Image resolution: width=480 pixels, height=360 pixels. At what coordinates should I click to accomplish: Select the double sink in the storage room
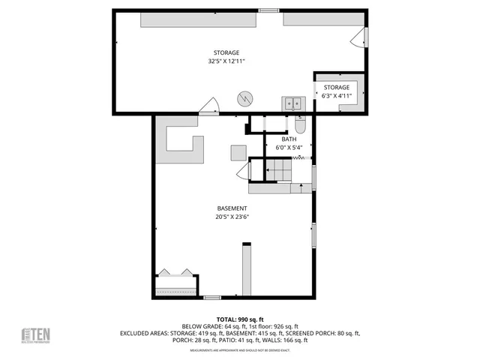point(292,103)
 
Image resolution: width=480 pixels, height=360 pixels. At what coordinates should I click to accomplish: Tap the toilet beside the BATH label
point(300,121)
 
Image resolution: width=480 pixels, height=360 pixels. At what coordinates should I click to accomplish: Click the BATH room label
point(289,139)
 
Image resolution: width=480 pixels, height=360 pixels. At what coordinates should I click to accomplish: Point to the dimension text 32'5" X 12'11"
point(226,61)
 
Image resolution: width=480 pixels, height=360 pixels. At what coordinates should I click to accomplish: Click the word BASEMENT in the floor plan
point(232,208)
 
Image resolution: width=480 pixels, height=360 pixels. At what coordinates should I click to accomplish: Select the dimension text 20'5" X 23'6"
point(232,217)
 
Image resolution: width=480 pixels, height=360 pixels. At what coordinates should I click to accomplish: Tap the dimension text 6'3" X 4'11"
point(336,96)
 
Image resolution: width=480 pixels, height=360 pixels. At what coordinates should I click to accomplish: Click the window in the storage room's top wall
point(267,10)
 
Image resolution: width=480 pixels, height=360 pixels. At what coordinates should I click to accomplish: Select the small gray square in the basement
point(238,152)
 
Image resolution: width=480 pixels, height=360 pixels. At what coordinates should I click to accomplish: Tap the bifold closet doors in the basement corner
point(175,272)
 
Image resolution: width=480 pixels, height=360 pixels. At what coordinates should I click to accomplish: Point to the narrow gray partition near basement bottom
point(245,269)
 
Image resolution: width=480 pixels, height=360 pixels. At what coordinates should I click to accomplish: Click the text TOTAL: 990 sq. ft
point(239,319)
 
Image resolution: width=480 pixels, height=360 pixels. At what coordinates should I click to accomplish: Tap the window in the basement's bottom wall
point(212,298)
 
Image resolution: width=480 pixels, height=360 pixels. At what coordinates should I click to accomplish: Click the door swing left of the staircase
point(243,173)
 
